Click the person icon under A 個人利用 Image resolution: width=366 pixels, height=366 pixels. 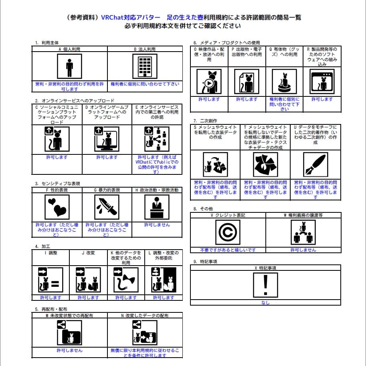tap(69, 66)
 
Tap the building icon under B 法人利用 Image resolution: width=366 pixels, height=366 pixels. tap(145, 66)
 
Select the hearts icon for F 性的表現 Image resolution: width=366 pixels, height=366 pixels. tap(57, 208)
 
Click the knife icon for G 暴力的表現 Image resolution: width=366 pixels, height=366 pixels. tap(107, 208)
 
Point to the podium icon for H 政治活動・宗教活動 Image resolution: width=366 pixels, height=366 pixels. tap(157, 208)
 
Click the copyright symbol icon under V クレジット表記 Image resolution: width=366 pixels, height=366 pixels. tap(228, 232)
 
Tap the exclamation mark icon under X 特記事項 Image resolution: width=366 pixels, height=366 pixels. tap(265, 285)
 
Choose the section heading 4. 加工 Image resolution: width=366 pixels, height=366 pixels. tap(42, 246)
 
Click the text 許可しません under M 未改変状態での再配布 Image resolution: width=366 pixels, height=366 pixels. tap(69, 350)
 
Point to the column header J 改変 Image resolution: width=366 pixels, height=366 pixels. tap(88, 253)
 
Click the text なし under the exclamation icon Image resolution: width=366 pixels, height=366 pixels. tap(265, 303)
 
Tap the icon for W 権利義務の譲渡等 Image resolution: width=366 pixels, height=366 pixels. tap(303, 232)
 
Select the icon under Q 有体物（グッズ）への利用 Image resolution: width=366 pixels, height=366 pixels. tap(284, 81)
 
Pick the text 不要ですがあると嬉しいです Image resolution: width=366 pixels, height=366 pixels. tap(228, 250)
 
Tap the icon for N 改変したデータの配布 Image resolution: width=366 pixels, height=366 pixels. tap(145, 332)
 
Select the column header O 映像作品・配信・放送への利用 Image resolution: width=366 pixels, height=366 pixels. tap(209, 54)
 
